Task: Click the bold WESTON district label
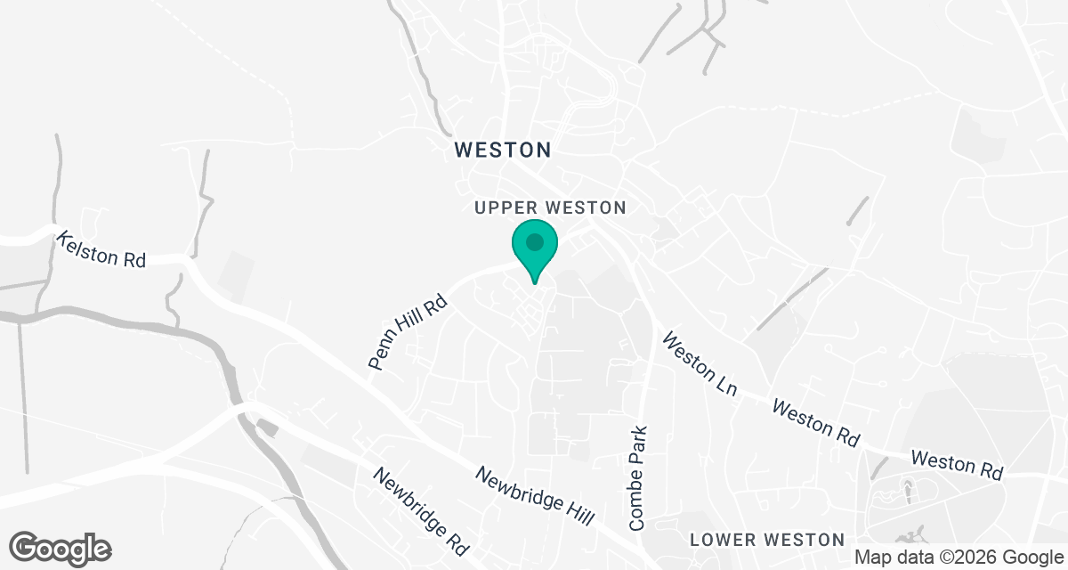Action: (x=503, y=150)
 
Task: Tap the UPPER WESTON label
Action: (x=550, y=208)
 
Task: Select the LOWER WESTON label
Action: (x=767, y=540)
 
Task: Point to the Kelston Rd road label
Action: (x=101, y=249)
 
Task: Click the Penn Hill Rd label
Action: (x=409, y=332)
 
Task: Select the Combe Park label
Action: (x=637, y=478)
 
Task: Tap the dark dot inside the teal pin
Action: (x=534, y=241)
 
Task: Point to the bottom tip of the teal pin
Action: (x=534, y=283)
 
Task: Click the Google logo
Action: (x=61, y=548)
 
